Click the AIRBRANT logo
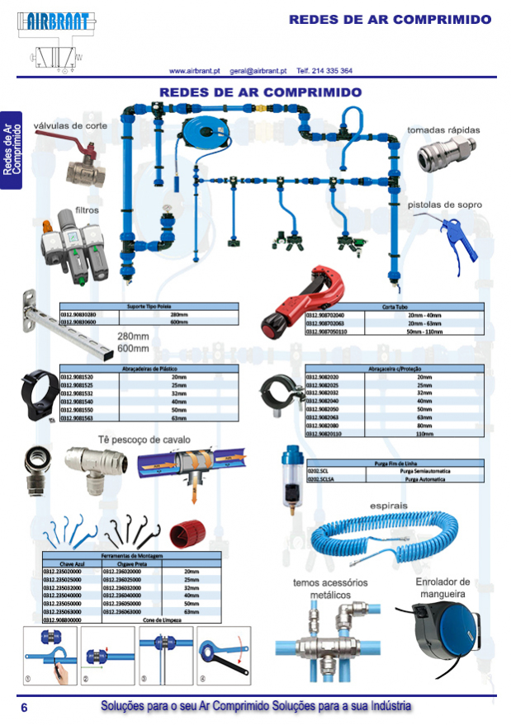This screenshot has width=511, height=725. pos(55,22)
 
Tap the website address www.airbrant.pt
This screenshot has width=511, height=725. pos(193,71)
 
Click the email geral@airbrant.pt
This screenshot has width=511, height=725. pos(258,71)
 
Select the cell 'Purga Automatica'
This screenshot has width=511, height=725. pos(424,478)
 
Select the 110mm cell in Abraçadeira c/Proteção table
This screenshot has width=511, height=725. pos(424,432)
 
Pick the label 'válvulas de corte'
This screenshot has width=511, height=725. pos(70,126)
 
